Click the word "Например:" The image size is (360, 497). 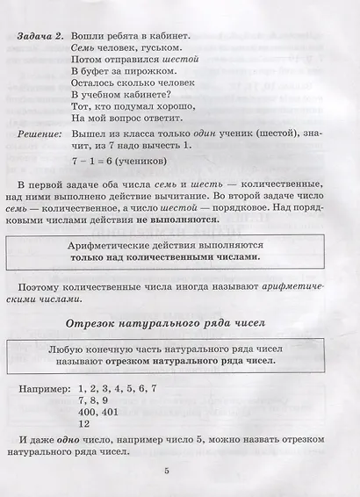43,385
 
